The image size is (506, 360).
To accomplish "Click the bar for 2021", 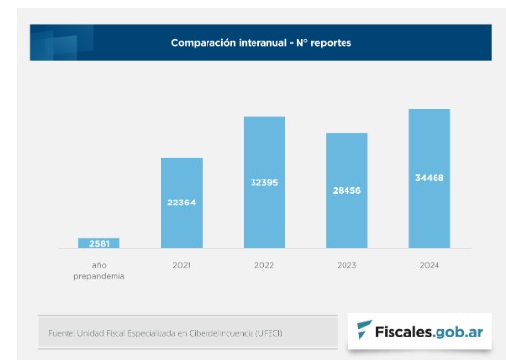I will coord(181,225).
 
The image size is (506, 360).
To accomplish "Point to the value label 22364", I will coord(181,202).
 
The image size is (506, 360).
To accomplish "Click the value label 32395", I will coord(263,182).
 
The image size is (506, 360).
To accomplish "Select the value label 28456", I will coord(346,190).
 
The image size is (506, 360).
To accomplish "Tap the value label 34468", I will coord(429,178).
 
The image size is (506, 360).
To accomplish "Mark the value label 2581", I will coord(99,243).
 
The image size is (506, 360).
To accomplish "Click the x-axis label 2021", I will coord(181,264).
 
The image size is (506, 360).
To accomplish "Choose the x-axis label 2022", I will coord(263,264).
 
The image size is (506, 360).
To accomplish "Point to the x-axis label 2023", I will coord(346,264).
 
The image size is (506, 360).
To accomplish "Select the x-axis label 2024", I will coord(429,264).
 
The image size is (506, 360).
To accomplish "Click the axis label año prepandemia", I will coord(99,270).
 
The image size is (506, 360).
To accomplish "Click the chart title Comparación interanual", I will coord(260,43).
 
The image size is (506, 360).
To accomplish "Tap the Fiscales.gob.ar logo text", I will coord(430,331).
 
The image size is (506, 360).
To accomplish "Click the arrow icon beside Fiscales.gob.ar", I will coord(364,331).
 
